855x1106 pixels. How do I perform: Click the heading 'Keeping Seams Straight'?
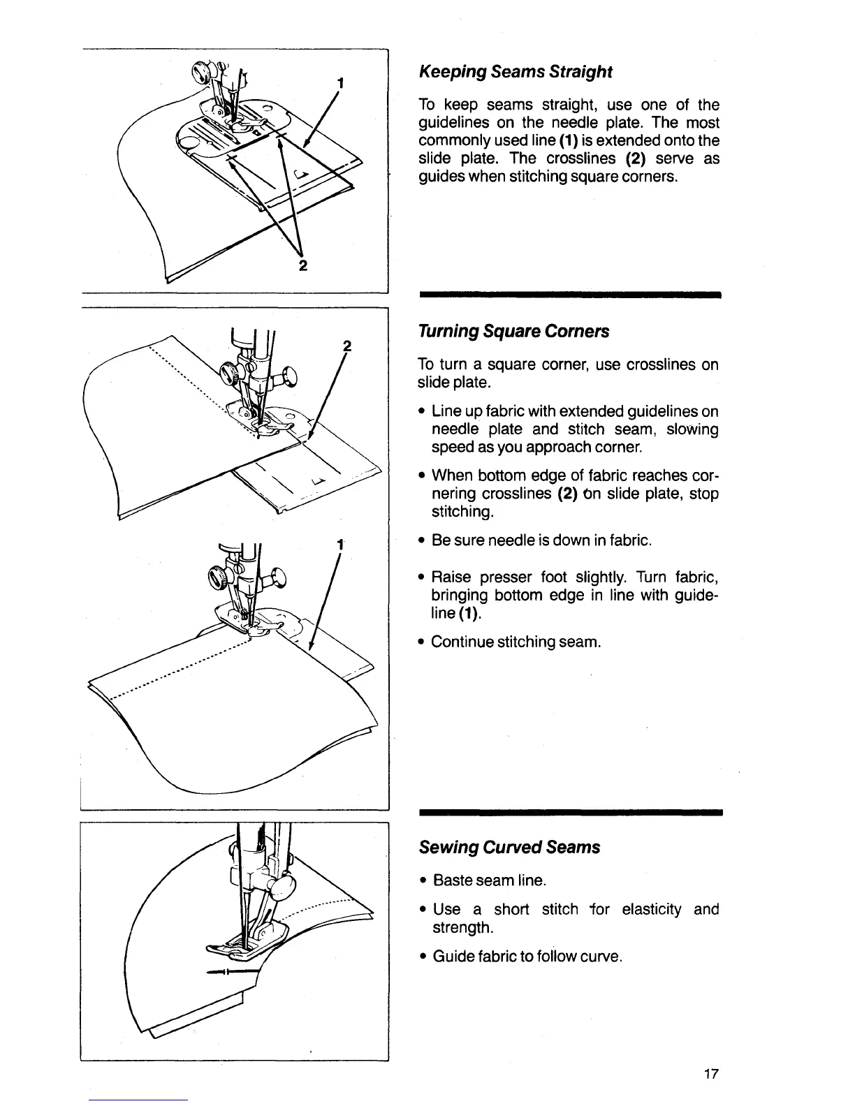click(515, 72)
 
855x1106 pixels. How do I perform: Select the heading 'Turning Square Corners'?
click(513, 331)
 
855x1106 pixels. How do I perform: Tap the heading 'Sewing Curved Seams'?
click(509, 847)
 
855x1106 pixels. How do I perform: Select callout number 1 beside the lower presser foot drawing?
click(339, 545)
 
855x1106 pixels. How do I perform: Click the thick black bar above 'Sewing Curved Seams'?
click(569, 813)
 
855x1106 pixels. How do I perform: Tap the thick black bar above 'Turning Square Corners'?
click(569, 296)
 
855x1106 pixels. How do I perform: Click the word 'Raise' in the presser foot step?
click(453, 577)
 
